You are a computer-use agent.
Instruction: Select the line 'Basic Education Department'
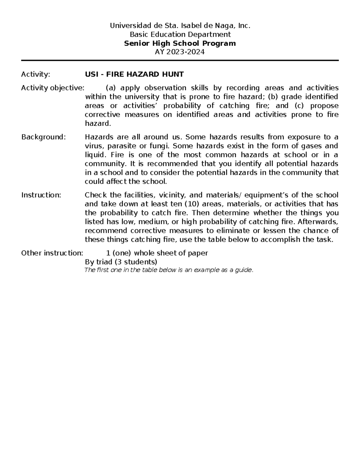click(x=180, y=35)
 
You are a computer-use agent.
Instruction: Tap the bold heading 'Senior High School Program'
click(x=180, y=44)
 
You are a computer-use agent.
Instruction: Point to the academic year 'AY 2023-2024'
click(x=180, y=52)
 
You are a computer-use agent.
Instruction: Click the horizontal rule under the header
click(x=180, y=60)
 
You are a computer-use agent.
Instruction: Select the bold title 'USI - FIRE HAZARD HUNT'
click(x=134, y=74)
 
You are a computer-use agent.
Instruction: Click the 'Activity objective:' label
click(x=53, y=88)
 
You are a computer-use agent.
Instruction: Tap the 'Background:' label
click(x=43, y=137)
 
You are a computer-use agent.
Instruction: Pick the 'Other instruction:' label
click(x=52, y=253)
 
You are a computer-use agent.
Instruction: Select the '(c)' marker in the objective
click(x=301, y=106)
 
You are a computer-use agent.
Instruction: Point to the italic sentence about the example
click(x=169, y=270)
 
